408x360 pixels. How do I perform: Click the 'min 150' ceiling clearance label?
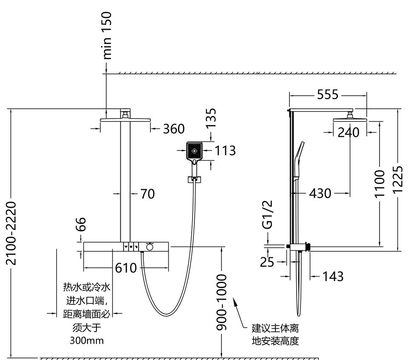coord(107,35)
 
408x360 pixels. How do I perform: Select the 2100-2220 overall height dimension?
coord(11,233)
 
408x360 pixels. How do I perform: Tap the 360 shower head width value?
coord(174,129)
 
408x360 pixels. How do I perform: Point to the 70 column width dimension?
coord(147,194)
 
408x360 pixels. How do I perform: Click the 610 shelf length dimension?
coord(126,268)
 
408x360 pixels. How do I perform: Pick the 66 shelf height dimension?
coord(81,224)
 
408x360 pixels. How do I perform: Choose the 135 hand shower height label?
coord(211,118)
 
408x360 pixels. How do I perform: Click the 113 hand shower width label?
coord(225,150)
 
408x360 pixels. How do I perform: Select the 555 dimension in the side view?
coord(328,94)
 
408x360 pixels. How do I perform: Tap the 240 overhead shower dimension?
coord(348,132)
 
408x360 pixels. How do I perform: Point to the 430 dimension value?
coord(320,193)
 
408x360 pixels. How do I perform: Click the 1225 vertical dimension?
coord(398,180)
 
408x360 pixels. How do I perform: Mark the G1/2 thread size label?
coord(267,215)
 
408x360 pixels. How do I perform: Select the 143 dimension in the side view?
coord(333,276)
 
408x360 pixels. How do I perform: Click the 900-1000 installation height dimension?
coord(222,302)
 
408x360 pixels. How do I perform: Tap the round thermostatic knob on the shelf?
coord(149,247)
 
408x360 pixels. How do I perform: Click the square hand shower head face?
coord(194,151)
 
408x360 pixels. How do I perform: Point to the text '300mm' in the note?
coord(87,340)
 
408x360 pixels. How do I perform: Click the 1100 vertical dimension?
coord(380,184)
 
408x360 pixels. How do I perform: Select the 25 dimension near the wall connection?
coord(267,262)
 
